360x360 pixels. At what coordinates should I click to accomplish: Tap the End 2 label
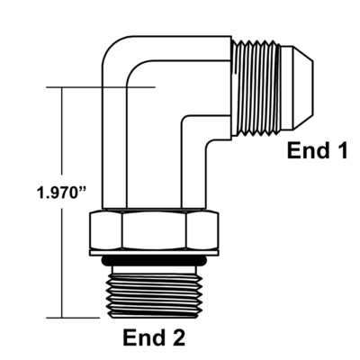(x=154, y=339)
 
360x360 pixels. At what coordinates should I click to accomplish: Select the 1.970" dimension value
(x=55, y=193)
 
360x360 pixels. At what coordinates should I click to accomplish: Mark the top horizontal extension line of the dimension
(x=99, y=87)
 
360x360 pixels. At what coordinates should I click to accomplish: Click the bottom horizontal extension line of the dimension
(x=76, y=317)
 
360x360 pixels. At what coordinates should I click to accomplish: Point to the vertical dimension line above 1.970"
(x=61, y=135)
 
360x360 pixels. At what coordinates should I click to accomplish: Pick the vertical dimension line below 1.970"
(x=61, y=261)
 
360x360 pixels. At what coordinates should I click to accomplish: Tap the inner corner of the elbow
(x=188, y=123)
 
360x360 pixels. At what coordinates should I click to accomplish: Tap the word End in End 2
(x=143, y=339)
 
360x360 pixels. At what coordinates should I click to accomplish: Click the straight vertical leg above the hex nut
(x=144, y=171)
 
